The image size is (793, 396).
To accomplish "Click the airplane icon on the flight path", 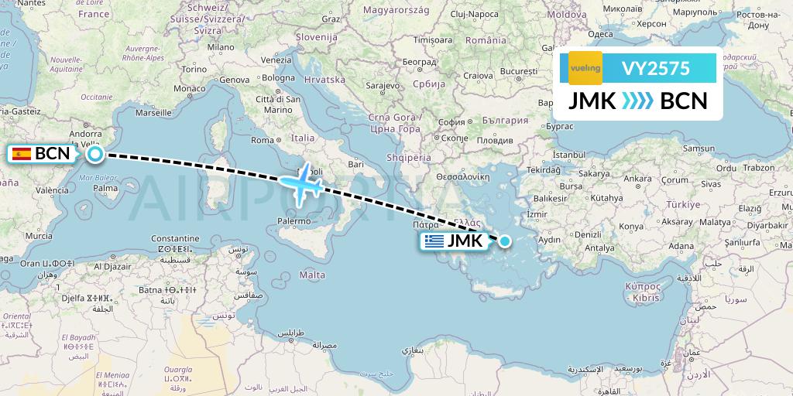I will click(302, 184).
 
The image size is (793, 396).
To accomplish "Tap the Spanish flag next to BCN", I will click(22, 153).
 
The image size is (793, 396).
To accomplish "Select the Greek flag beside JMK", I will click(434, 241).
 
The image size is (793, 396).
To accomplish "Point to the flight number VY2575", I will click(656, 68).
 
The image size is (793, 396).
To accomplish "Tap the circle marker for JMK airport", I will click(505, 241).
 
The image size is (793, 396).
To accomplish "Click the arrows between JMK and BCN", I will click(637, 101).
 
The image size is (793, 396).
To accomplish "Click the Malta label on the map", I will click(312, 275).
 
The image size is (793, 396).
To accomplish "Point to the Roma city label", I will click(263, 140).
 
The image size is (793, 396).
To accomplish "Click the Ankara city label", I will click(637, 179).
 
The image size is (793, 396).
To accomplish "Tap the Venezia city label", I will click(276, 60).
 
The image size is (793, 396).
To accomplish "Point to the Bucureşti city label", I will click(518, 71).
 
